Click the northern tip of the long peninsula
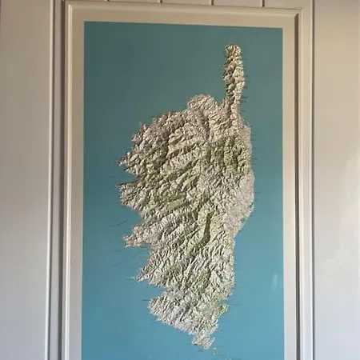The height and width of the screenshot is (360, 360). (233, 48)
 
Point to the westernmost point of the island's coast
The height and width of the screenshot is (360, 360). (121, 185)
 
